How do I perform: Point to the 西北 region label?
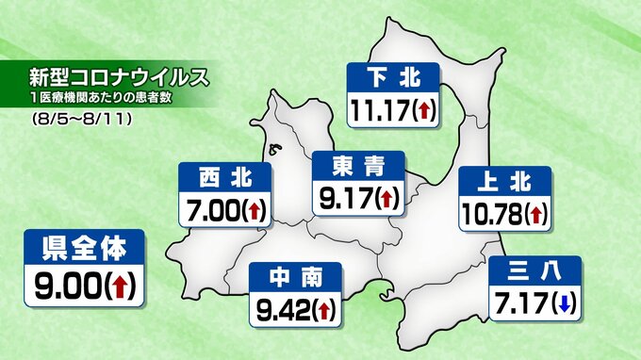coord(225,175)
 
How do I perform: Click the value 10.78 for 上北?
coord(491,215)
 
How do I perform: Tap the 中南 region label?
coord(296,276)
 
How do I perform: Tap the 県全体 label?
coord(84,248)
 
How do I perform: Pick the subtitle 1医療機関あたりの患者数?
coord(102,99)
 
